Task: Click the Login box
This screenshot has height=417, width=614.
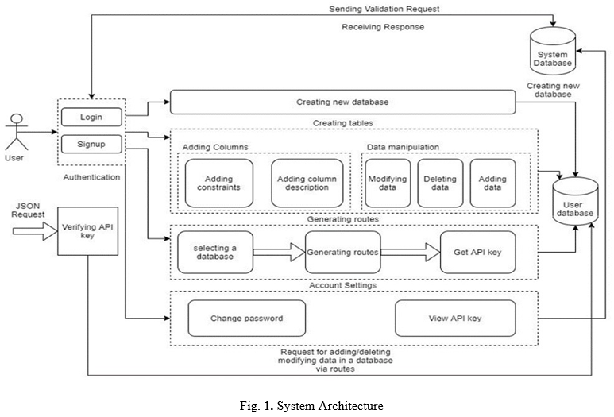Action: pyautogui.click(x=91, y=117)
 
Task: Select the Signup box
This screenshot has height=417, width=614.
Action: pyautogui.click(x=91, y=144)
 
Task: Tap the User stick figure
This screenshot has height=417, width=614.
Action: pyautogui.click(x=17, y=132)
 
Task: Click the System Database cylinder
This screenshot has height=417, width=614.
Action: pyautogui.click(x=553, y=51)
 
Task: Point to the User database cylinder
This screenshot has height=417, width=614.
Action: pyautogui.click(x=575, y=201)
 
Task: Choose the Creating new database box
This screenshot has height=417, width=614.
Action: pyautogui.click(x=342, y=102)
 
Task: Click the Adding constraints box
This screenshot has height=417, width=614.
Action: pyautogui.click(x=219, y=183)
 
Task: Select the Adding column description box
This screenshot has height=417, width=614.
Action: pyautogui.click(x=307, y=183)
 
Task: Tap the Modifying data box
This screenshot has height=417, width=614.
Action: pyautogui.click(x=388, y=183)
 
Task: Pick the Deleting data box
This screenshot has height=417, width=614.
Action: pyautogui.click(x=440, y=183)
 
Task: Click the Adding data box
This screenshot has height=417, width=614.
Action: pyautogui.click(x=492, y=183)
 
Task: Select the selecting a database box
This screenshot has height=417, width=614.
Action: pyautogui.click(x=215, y=252)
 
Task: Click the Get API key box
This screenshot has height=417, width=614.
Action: pyautogui.click(x=477, y=252)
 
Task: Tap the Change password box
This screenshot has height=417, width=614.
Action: pyautogui.click(x=247, y=319)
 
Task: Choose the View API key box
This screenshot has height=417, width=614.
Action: pyautogui.click(x=455, y=319)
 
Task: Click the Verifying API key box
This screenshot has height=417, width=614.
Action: pyautogui.click(x=87, y=231)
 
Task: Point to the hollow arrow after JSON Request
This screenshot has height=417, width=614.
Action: pyautogui.click(x=35, y=231)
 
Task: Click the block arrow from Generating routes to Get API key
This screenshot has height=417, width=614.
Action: pyautogui.click(x=411, y=252)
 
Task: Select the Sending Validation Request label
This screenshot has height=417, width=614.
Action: pyautogui.click(x=384, y=9)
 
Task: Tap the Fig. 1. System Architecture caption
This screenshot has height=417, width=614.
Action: pyautogui.click(x=311, y=406)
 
